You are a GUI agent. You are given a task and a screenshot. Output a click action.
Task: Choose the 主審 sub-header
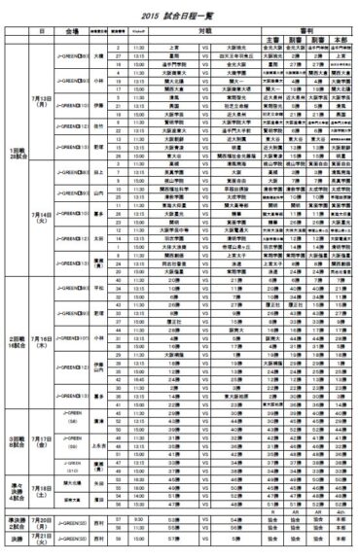271,39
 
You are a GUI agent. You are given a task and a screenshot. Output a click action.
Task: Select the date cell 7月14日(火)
43,213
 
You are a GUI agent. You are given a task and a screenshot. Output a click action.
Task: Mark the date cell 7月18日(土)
43,488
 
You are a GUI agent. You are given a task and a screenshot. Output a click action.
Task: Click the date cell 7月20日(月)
43,521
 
